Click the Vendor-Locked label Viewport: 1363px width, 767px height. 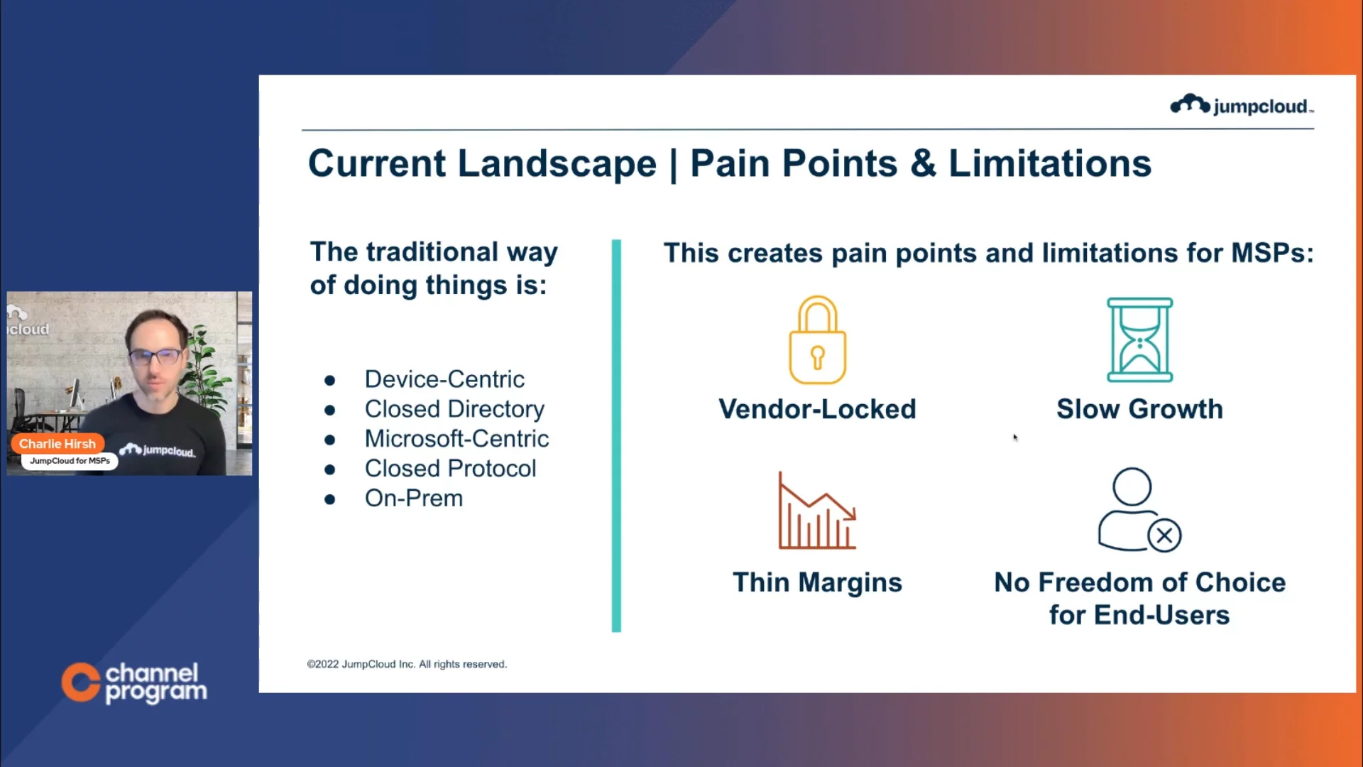point(817,409)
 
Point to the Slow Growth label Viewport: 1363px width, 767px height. point(1139,409)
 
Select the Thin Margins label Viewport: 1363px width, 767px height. point(817,583)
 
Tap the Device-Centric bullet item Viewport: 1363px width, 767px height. point(444,379)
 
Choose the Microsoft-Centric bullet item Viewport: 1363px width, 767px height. point(456,439)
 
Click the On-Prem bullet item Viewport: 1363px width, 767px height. point(414,499)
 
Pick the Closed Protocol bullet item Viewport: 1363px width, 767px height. point(450,469)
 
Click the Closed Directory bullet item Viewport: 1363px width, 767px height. point(454,410)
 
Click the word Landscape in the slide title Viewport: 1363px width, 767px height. point(557,165)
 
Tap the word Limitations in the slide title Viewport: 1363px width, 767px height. point(1050,163)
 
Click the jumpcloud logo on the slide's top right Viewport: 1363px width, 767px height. point(1242,105)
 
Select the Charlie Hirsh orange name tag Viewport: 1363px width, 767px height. point(58,444)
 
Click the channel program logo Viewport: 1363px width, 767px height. point(134,682)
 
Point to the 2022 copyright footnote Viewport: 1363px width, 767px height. point(407,665)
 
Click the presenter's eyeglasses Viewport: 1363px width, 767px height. point(156,356)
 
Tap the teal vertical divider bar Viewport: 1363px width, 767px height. point(616,436)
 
